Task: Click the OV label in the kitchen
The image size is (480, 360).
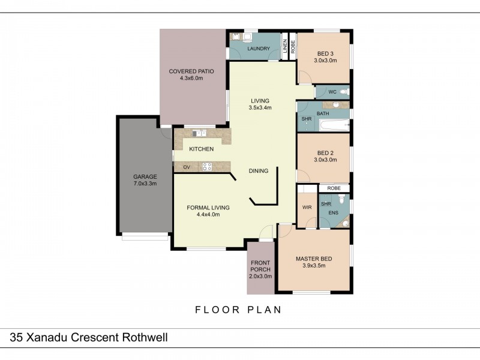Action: click(187, 167)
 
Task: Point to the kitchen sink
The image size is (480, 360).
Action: click(199, 133)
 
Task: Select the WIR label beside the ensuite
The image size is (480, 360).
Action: click(307, 208)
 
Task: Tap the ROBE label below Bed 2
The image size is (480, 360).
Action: click(334, 188)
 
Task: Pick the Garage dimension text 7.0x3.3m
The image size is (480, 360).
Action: click(145, 184)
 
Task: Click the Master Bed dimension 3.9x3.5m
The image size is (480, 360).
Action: click(314, 266)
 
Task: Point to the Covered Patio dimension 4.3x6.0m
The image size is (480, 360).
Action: click(191, 78)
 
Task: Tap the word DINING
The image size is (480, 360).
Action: click(259, 171)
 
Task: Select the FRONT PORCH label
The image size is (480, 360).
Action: click(260, 266)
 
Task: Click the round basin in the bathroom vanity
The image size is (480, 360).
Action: click(337, 104)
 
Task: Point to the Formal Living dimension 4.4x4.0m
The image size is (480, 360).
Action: click(208, 214)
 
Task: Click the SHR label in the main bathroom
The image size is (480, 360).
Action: click(306, 119)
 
